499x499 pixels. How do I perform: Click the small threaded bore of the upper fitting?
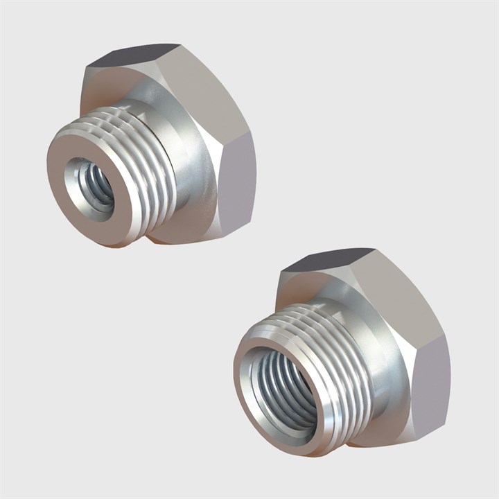click(90, 184)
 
